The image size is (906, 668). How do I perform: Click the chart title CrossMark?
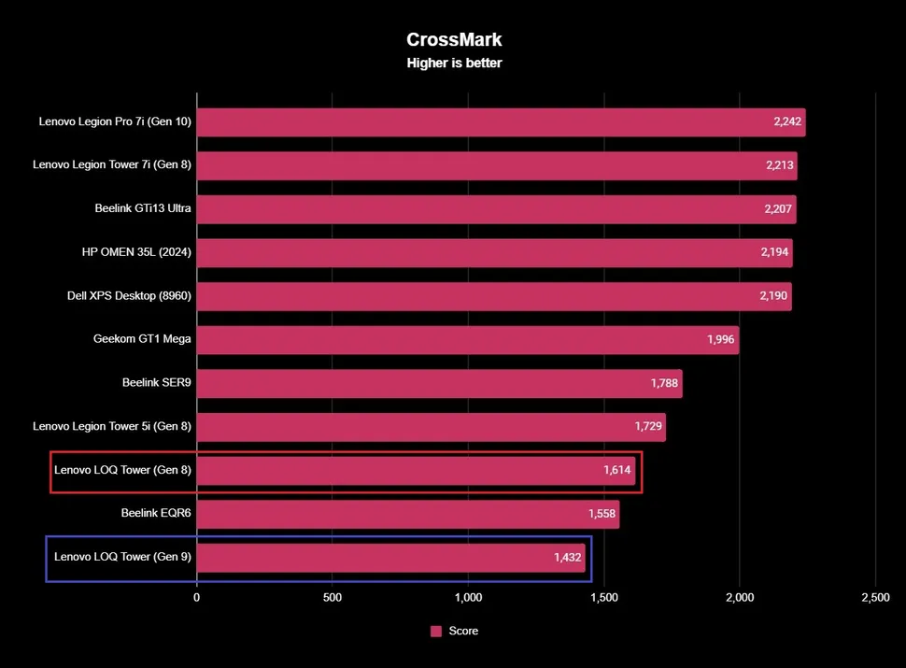pyautogui.click(x=455, y=39)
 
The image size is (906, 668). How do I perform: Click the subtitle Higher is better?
pyautogui.click(x=455, y=64)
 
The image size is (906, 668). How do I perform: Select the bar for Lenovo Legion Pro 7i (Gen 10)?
pyautogui.click(x=501, y=121)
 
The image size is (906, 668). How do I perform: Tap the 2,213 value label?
pyautogui.click(x=777, y=165)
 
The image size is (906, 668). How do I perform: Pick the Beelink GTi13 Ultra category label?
pyautogui.click(x=143, y=208)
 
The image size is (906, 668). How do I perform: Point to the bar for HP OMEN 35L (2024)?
pyautogui.click(x=494, y=252)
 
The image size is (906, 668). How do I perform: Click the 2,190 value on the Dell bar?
pyautogui.click(x=774, y=296)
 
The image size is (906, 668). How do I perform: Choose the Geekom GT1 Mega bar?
pyautogui.click(x=467, y=339)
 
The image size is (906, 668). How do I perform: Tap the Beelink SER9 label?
pyautogui.click(x=157, y=383)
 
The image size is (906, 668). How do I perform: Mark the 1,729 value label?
pyautogui.click(x=648, y=427)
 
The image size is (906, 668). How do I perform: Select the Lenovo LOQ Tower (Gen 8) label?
pyautogui.click(x=122, y=470)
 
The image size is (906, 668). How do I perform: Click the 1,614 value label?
pyautogui.click(x=617, y=470)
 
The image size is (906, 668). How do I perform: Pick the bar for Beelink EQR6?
pyautogui.click(x=407, y=514)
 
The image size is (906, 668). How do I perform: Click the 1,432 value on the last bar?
pyautogui.click(x=568, y=558)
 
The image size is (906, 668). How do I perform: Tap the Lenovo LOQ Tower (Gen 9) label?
pyautogui.click(x=122, y=558)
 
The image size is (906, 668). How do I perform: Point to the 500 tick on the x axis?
pyautogui.click(x=333, y=596)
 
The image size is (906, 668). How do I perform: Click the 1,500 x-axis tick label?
pyautogui.click(x=603, y=596)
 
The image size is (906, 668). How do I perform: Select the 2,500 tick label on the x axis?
pyautogui.click(x=875, y=596)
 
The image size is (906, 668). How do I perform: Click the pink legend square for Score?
pyautogui.click(x=435, y=632)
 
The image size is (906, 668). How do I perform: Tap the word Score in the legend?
pyautogui.click(x=463, y=632)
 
